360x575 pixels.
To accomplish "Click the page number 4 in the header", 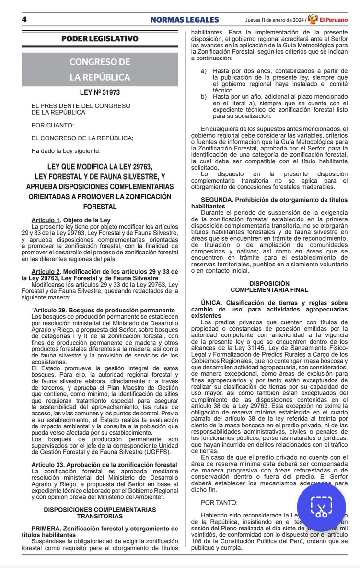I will pos(23,20).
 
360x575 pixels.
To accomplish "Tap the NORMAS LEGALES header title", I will pos(184,20).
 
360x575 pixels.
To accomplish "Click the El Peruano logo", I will pos(327,19).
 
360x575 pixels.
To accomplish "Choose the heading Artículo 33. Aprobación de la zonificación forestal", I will pos(104,465).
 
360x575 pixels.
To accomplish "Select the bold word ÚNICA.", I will pos(213,303).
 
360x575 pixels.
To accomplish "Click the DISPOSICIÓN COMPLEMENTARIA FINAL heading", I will pos(269,287).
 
